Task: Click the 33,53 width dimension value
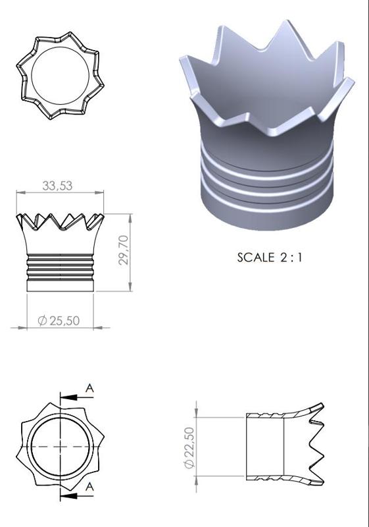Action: [x=57, y=186]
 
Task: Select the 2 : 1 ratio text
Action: [x=289, y=257]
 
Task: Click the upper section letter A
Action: [x=90, y=389]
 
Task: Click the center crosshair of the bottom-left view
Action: [x=59, y=446]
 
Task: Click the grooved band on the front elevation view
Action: [x=60, y=267]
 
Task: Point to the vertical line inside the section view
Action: [x=283, y=446]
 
